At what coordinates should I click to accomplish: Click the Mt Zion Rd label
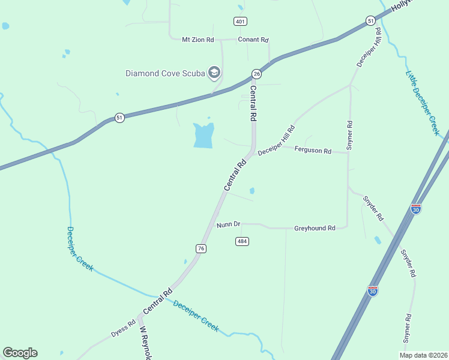(197, 40)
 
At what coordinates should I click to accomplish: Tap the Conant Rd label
(253, 40)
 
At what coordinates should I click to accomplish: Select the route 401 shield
(240, 22)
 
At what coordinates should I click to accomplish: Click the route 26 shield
(256, 73)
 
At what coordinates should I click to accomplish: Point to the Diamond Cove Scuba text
(165, 74)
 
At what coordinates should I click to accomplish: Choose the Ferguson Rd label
(313, 151)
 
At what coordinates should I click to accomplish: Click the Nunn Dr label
(228, 224)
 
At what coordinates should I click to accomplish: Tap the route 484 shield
(242, 241)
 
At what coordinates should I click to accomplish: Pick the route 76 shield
(201, 248)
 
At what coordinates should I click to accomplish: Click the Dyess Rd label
(124, 331)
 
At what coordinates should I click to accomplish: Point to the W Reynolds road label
(145, 343)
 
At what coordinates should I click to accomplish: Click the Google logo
(20, 353)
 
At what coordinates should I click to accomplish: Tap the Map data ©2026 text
(423, 355)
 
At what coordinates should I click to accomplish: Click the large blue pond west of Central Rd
(203, 136)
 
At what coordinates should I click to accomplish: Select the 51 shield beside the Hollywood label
(370, 21)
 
